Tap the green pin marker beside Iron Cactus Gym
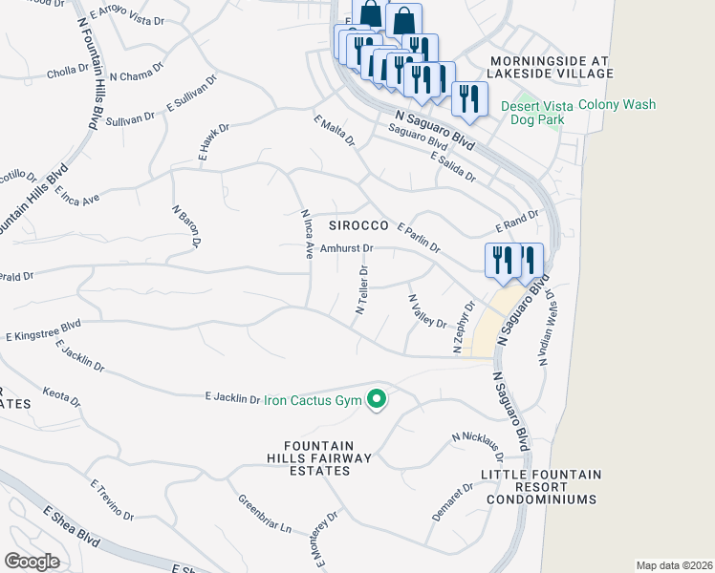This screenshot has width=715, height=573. click(377, 399)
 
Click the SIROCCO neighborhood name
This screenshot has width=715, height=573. click(357, 226)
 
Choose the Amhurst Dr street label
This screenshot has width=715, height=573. click(345, 248)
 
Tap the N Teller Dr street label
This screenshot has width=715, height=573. click(363, 290)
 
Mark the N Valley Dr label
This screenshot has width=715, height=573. click(427, 310)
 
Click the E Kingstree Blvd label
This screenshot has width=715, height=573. click(43, 334)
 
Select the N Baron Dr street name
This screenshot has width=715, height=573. click(185, 227)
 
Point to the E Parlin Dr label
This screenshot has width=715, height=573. click(417, 239)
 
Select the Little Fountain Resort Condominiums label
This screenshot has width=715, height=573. click(541, 486)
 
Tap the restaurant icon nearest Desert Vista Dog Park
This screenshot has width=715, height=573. click(469, 96)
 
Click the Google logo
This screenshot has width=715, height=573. click(32, 561)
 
